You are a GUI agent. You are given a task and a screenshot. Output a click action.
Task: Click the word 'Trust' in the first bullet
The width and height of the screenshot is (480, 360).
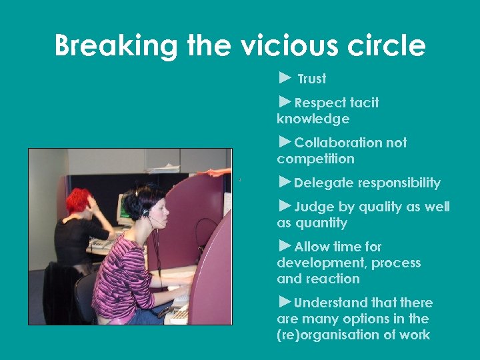click(x=312, y=79)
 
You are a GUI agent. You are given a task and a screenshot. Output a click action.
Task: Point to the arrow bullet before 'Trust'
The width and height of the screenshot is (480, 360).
click(x=285, y=78)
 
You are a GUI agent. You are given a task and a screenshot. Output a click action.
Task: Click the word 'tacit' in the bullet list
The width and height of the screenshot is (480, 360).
click(x=363, y=103)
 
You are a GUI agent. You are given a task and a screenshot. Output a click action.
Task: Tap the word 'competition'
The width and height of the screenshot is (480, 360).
click(x=315, y=159)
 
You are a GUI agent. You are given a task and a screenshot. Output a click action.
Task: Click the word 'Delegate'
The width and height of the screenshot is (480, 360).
click(x=324, y=183)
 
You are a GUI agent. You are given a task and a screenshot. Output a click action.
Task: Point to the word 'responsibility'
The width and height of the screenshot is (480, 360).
click(x=399, y=183)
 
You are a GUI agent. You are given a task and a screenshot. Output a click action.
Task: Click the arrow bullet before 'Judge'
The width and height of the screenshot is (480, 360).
click(x=285, y=206)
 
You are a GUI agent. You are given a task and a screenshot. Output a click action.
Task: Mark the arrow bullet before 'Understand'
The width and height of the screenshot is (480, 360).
click(x=285, y=302)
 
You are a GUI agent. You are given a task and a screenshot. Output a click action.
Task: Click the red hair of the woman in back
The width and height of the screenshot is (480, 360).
click(x=79, y=199)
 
